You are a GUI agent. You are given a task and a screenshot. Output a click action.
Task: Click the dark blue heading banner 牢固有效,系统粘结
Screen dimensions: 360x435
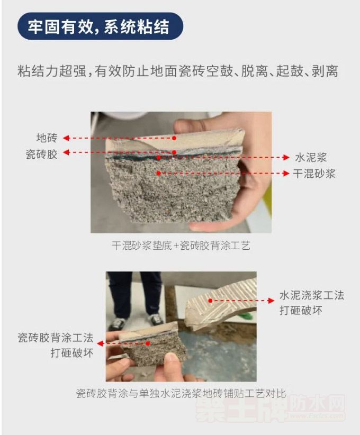[x=100, y=26]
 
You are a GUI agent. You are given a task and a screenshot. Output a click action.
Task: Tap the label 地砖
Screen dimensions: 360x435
[x=47, y=138]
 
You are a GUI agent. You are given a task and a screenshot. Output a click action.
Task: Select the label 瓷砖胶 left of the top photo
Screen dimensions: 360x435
[x=41, y=154]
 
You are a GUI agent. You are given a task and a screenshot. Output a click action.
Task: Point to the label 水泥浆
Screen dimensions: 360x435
[x=311, y=157]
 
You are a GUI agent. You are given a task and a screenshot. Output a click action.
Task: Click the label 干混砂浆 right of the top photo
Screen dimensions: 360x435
[x=314, y=174]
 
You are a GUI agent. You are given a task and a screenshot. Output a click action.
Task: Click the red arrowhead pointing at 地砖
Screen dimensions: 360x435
[x=66, y=138]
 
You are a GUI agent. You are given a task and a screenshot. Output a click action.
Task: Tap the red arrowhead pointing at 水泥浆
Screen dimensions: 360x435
[x=286, y=157]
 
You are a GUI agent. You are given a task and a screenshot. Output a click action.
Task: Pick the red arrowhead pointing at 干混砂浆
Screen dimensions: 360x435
[x=286, y=174]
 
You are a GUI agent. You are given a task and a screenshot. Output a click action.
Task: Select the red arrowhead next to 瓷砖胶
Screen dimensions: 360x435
[x=66, y=152]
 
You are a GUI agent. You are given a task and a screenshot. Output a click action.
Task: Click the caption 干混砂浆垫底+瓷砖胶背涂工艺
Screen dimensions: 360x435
[x=181, y=246]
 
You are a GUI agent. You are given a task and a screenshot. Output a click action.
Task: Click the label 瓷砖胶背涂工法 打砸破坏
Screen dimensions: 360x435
[x=56, y=346]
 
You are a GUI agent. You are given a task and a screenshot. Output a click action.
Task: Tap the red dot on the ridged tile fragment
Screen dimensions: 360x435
[x=210, y=301]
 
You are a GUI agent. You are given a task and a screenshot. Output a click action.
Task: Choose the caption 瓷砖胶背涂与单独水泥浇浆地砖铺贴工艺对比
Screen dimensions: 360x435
[x=181, y=393]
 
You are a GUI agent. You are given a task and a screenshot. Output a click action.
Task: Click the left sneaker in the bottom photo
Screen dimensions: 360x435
[x=118, y=323]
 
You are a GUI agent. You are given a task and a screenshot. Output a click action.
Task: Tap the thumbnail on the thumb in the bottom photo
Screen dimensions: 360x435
[x=172, y=357]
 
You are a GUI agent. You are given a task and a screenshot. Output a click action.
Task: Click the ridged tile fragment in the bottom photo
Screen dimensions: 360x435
[x=221, y=304]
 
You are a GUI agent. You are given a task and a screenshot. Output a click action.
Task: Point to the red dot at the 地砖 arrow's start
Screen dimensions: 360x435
[x=174, y=138]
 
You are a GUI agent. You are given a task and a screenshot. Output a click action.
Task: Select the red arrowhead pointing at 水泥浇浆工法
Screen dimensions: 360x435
[x=271, y=301]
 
